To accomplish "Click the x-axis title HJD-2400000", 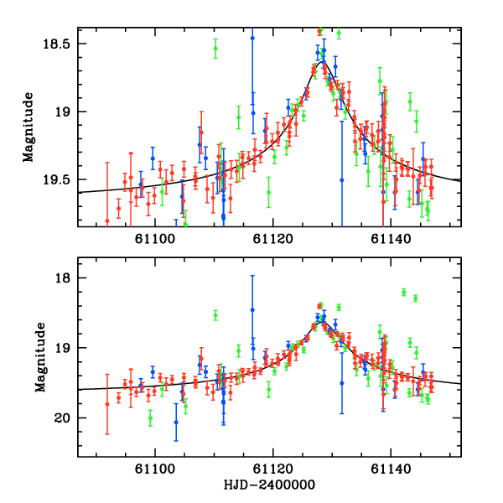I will (x=269, y=485).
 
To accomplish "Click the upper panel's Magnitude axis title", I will (x=28, y=127).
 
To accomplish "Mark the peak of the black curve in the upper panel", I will (x=323, y=61).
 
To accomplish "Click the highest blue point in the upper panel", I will (x=252, y=39).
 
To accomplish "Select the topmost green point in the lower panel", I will (x=404, y=292).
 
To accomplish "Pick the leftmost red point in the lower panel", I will (x=107, y=404).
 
